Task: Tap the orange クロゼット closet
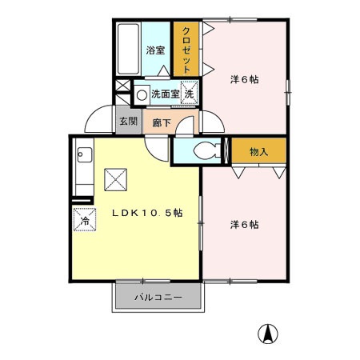186,50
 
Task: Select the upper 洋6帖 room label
244,79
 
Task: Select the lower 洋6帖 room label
244,225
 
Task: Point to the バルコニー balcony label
158,297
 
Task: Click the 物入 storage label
258,151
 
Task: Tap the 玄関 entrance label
127,122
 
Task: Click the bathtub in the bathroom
128,50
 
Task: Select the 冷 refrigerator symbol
82,218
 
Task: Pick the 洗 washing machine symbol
189,94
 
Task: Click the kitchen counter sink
82,154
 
